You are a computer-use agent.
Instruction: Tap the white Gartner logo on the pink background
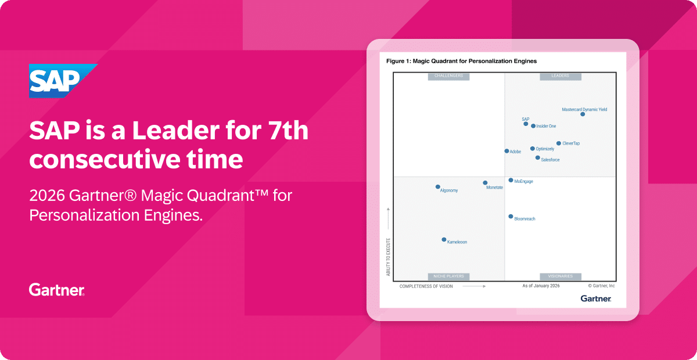[x=57, y=290]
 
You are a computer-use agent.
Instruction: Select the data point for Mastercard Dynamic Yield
[x=583, y=114]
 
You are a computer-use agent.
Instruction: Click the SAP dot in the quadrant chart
[x=526, y=124]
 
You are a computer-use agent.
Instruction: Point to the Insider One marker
[x=533, y=126]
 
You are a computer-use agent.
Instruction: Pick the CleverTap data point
[x=559, y=143]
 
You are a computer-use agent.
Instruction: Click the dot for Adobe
[x=506, y=151]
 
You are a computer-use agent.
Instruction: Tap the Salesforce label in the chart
[x=550, y=160]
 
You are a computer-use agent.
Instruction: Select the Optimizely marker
[x=533, y=149]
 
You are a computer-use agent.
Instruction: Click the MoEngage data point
[x=511, y=180]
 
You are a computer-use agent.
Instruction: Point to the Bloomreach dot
[x=511, y=217]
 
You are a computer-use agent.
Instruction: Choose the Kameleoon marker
[x=444, y=240]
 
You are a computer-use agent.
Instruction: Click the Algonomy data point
[x=437, y=187]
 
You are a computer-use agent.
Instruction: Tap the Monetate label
[x=494, y=188]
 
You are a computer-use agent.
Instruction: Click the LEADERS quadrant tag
[x=561, y=76]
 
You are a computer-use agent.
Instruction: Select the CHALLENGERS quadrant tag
[x=448, y=76]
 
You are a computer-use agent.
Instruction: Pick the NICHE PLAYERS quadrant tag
[x=448, y=276]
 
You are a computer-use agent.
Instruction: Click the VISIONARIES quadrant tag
[x=561, y=276]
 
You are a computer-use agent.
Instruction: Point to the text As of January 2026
[x=541, y=286]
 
